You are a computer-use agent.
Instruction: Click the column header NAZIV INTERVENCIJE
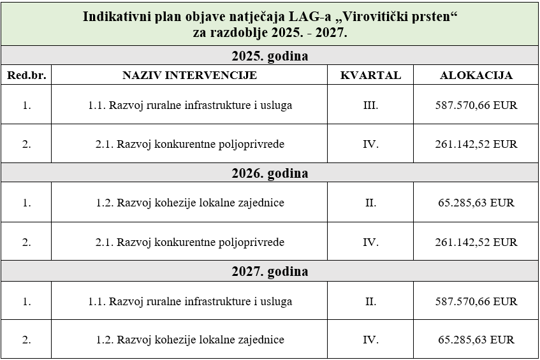click(x=189, y=75)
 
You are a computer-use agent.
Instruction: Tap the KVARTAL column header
click(x=370, y=75)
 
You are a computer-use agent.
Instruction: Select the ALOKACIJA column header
click(x=476, y=75)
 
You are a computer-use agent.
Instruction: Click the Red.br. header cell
click(x=26, y=75)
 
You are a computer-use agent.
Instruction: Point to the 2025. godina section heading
click(x=270, y=55)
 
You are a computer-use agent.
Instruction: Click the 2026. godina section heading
click(x=270, y=173)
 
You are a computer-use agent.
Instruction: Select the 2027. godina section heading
click(x=270, y=271)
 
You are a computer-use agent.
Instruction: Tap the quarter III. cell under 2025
click(x=370, y=105)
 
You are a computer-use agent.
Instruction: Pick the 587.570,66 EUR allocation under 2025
click(x=476, y=105)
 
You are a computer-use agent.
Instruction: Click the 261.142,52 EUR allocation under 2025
click(x=476, y=144)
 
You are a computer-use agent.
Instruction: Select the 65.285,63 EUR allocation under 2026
click(x=476, y=203)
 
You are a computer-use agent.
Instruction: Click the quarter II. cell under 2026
click(x=370, y=203)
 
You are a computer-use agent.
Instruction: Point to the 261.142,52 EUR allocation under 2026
click(x=476, y=242)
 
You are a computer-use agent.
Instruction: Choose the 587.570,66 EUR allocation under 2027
click(x=476, y=301)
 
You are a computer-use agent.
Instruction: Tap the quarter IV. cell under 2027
click(x=370, y=340)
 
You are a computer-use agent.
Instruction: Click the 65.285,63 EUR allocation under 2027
click(x=476, y=340)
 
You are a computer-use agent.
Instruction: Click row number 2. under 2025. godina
click(x=26, y=144)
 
